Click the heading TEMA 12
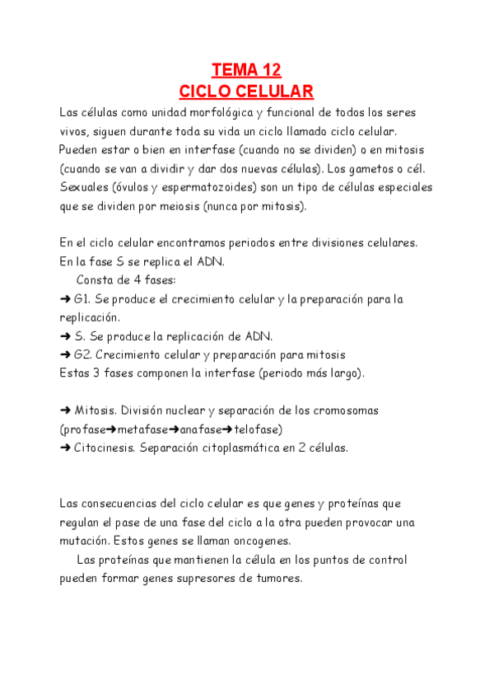pyautogui.click(x=246, y=69)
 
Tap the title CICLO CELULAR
pyautogui.click(x=246, y=90)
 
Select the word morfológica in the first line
pyautogui.click(x=213, y=112)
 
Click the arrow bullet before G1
pyautogui.click(x=65, y=299)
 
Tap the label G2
pyautogui.click(x=82, y=355)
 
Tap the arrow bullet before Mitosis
pyautogui.click(x=65, y=410)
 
